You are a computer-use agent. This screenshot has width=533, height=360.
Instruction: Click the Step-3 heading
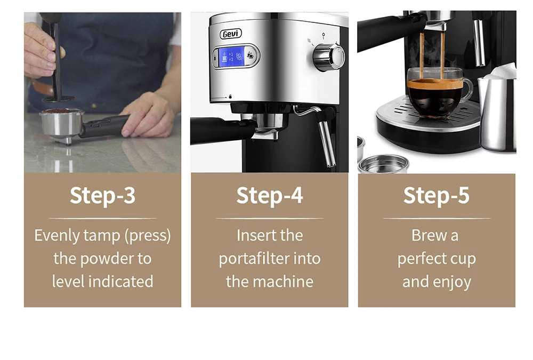click(102, 195)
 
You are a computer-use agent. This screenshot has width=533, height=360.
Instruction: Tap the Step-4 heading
click(269, 195)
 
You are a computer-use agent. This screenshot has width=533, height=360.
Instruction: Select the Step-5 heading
click(436, 195)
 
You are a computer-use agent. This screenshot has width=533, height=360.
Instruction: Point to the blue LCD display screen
click(235, 57)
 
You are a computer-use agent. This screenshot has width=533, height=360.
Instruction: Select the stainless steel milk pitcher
click(497, 112)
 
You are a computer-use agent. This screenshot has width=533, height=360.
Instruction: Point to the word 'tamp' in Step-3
click(103, 235)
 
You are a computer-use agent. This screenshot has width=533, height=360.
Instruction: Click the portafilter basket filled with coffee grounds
click(61, 120)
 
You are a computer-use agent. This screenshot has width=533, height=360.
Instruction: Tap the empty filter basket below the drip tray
click(383, 163)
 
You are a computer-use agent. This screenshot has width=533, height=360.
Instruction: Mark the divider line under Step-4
click(269, 218)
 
